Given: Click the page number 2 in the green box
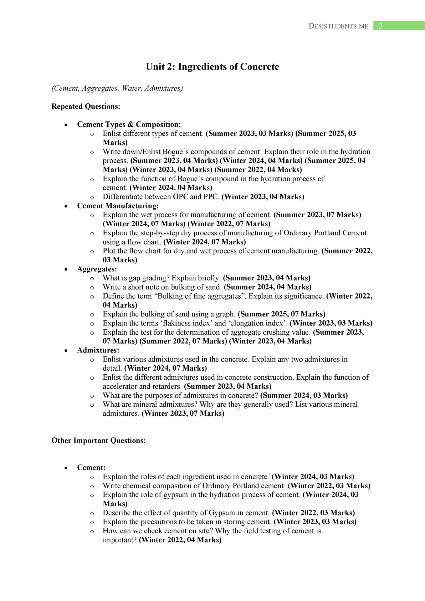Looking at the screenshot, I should pyautogui.click(x=381, y=26).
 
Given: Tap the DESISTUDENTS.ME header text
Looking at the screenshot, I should pyautogui.click(x=338, y=26).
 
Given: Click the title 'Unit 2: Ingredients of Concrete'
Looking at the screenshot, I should pyautogui.click(x=212, y=67).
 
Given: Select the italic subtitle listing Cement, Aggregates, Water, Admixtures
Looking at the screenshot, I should pyautogui.click(x=117, y=88).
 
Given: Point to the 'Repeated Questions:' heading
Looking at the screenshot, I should pyautogui.click(x=86, y=106).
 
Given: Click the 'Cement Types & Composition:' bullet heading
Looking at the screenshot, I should pyautogui.click(x=129, y=124).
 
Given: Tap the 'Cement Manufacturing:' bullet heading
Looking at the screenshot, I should pyautogui.click(x=118, y=206).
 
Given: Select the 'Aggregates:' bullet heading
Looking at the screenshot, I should pyautogui.click(x=97, y=269).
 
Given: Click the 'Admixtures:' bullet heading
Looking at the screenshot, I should pyautogui.click(x=98, y=350).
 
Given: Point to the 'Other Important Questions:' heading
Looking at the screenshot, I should pyautogui.click(x=99, y=440).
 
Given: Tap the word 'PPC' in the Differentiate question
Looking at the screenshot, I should pyautogui.click(x=211, y=197).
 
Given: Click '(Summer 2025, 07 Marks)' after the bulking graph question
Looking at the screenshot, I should pyautogui.click(x=281, y=314).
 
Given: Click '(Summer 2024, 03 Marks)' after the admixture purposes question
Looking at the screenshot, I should pyautogui.click(x=304, y=395).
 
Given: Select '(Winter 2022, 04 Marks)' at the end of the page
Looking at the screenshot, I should pyautogui.click(x=180, y=540).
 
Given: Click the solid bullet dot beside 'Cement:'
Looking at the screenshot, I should pyautogui.click(x=66, y=468).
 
